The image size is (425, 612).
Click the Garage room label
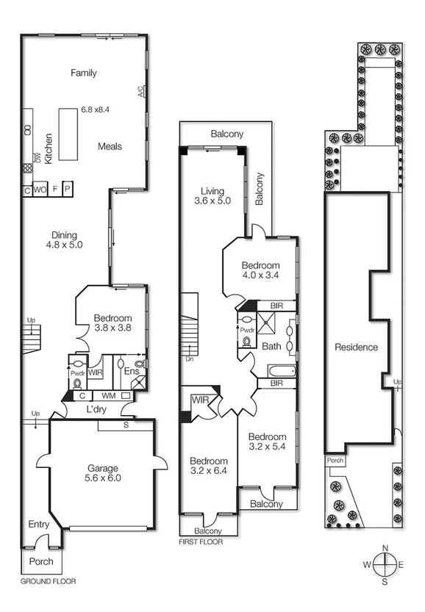(x=102, y=468)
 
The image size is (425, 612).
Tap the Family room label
(x=84, y=73)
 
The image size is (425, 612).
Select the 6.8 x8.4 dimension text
(x=95, y=109)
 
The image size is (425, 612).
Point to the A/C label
(x=140, y=92)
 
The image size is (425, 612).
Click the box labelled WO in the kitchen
(x=41, y=190)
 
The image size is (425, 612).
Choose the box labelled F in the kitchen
(x=55, y=190)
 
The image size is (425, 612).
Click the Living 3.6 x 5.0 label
(x=213, y=195)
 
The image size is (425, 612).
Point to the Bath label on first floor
(x=271, y=346)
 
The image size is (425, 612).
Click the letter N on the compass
(x=385, y=547)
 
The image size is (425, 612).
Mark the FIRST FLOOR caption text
(x=201, y=543)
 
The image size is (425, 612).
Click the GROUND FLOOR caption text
(x=49, y=581)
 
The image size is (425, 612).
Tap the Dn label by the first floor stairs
(x=189, y=359)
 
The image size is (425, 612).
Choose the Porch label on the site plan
(x=335, y=461)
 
